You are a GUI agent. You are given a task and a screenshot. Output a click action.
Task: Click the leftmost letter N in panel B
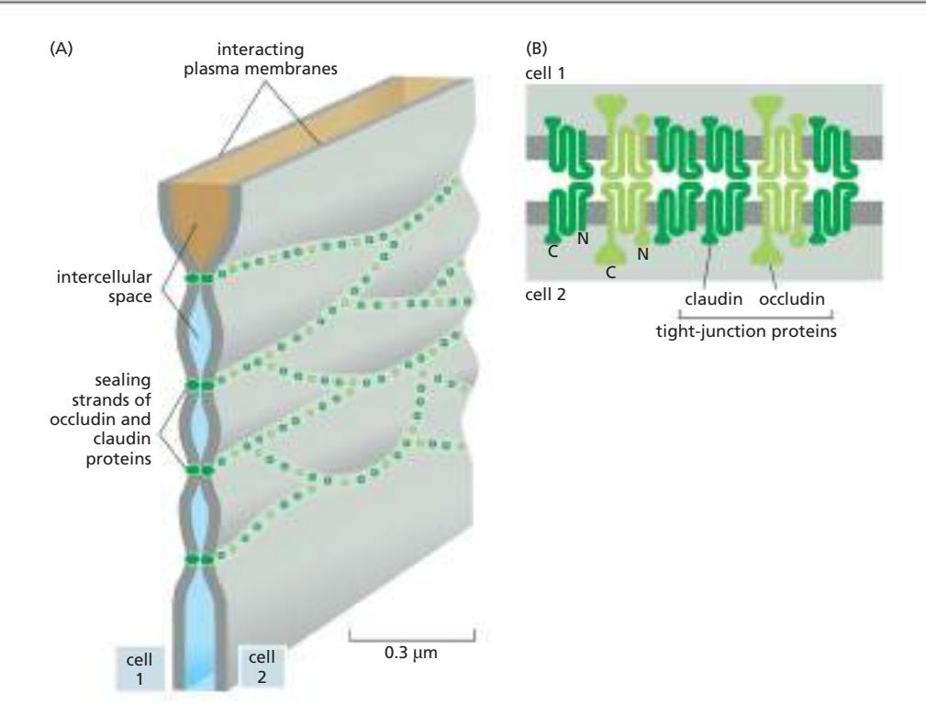tap(578, 238)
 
